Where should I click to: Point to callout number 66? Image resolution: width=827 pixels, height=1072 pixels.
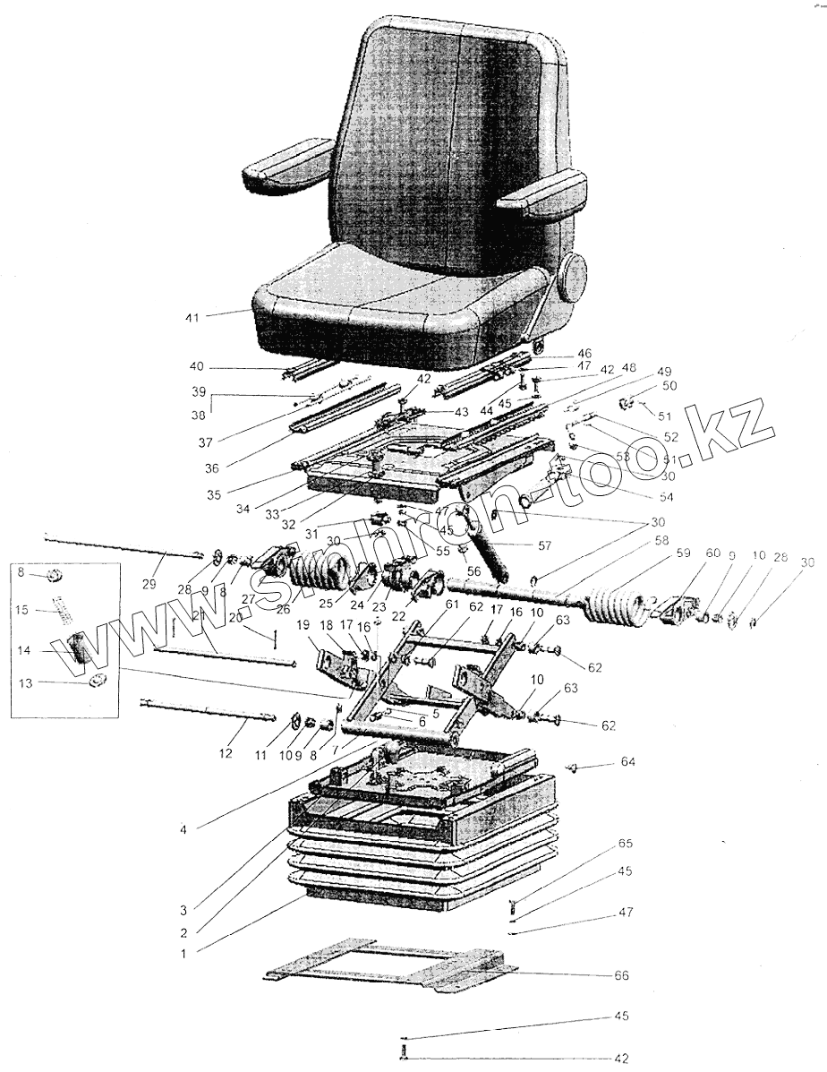pyautogui.click(x=622, y=974)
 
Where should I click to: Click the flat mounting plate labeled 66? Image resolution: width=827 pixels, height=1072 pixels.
pyautogui.click(x=394, y=971)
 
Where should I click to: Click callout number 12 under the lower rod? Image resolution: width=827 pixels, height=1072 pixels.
pyautogui.click(x=226, y=754)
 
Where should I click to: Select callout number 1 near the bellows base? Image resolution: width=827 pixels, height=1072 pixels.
pyautogui.click(x=183, y=955)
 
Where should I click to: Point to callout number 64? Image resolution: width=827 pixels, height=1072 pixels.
pyautogui.click(x=627, y=763)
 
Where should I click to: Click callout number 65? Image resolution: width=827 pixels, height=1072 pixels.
pyautogui.click(x=625, y=844)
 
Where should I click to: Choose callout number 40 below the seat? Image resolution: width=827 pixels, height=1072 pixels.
pyautogui.click(x=197, y=365)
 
